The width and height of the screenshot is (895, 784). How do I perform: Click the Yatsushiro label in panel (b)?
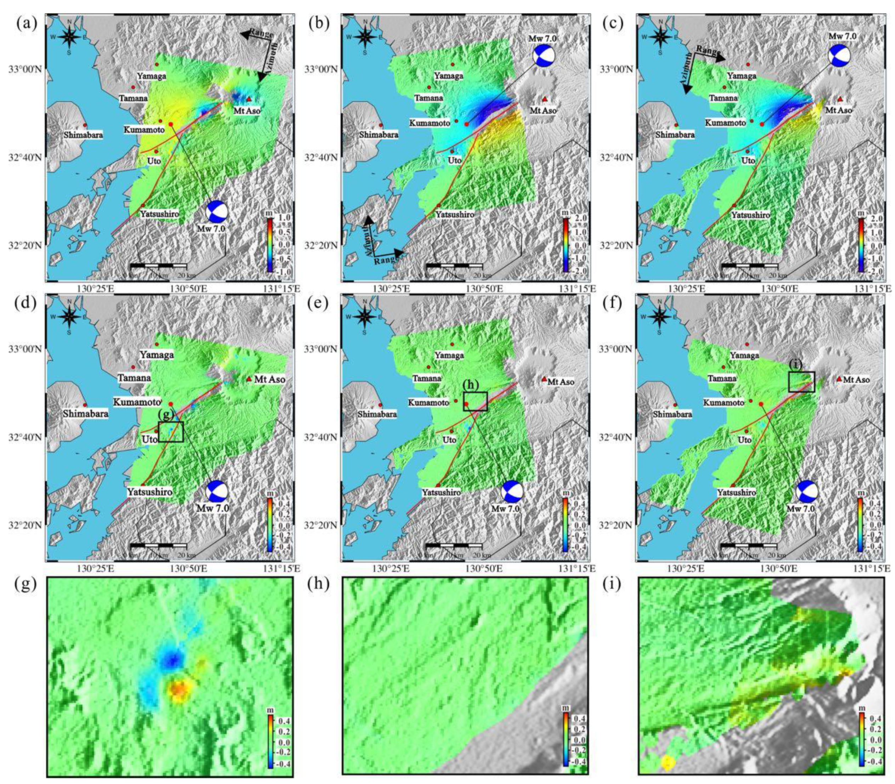click(454, 214)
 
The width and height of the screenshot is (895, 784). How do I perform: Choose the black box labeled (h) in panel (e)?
click(475, 401)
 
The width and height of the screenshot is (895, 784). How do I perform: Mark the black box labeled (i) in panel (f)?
click(801, 381)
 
